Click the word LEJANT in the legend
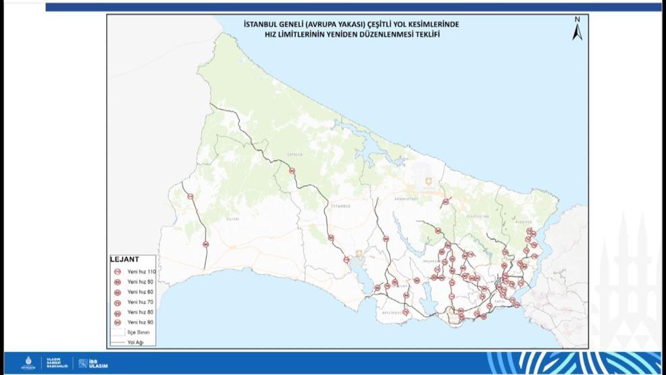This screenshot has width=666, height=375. click(x=124, y=259)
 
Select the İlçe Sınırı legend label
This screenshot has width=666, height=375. click(x=138, y=332)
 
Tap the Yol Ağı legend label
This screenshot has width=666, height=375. click(x=136, y=343)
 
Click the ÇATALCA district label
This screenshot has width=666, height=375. click(x=295, y=154)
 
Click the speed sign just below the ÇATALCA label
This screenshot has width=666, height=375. click(x=292, y=171)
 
